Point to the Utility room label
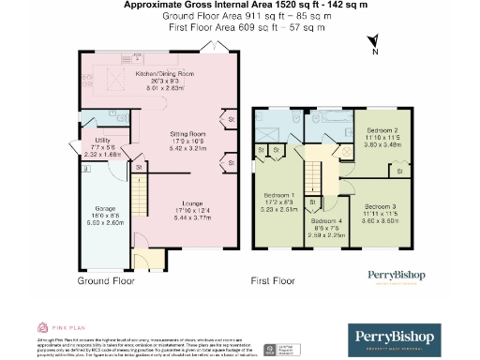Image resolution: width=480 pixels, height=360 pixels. [x=77, y=142]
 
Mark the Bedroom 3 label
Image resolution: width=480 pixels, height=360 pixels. [x=382, y=205]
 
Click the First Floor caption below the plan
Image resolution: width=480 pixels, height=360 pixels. [x=273, y=280]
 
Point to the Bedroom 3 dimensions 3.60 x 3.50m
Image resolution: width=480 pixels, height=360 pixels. [x=382, y=220]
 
